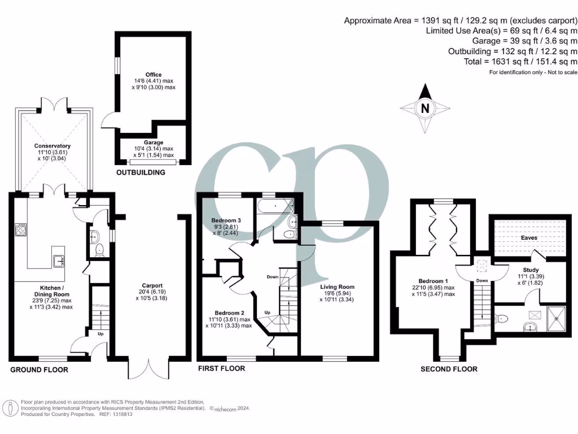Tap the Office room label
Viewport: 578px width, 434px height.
pyautogui.click(x=153, y=75)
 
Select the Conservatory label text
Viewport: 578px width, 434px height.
pyautogui.click(x=52, y=146)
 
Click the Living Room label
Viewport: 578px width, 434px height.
pyautogui.click(x=336, y=287)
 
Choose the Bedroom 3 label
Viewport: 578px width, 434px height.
pyautogui.click(x=226, y=220)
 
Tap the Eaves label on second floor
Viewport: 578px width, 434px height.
pyautogui.click(x=529, y=238)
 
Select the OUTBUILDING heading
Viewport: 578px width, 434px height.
pyautogui.click(x=141, y=172)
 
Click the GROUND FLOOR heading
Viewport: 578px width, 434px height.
pyautogui.click(x=40, y=370)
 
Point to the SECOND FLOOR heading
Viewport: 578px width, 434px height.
pyautogui.click(x=449, y=369)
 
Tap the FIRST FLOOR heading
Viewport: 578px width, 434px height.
pyautogui.click(x=221, y=368)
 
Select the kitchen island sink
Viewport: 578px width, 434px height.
pyautogui.click(x=59, y=260)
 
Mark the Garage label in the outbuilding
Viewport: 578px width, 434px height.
pyautogui.click(x=153, y=142)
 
